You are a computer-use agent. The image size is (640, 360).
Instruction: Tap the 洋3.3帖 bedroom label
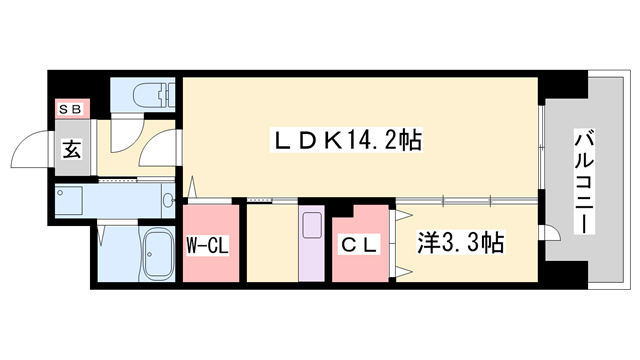click(459, 243)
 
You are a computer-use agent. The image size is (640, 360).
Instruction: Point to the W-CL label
click(209, 243)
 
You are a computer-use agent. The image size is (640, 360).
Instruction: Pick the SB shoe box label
click(72, 107)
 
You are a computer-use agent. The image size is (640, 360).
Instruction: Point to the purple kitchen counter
click(310, 245)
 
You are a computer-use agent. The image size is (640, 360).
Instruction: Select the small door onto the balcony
click(548, 233)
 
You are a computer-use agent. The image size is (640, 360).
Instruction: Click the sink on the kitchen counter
click(310, 224)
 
